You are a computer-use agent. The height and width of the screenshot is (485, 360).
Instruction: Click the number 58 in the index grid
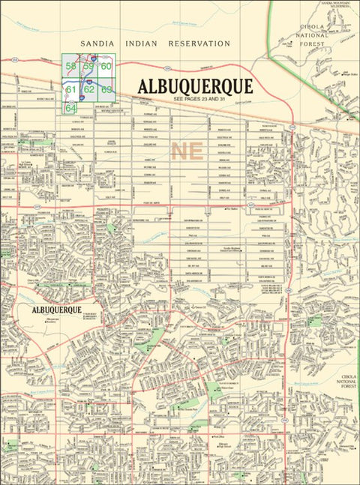(x=70, y=67)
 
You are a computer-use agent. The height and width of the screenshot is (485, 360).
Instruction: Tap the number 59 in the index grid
(x=88, y=67)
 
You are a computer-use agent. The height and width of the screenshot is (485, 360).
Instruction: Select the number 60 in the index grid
(x=106, y=67)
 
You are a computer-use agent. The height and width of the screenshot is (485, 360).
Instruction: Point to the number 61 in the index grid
(x=71, y=89)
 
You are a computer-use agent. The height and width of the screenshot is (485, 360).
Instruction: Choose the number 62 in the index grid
(x=88, y=89)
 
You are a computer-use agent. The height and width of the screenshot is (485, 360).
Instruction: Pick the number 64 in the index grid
(x=71, y=108)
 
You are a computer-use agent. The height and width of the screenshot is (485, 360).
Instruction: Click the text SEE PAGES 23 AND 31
(x=199, y=99)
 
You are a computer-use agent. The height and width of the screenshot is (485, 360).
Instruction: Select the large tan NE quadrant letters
(x=187, y=151)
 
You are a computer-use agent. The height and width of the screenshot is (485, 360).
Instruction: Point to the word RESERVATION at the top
(x=199, y=44)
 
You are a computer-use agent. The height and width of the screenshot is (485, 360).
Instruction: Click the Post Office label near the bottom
(x=219, y=435)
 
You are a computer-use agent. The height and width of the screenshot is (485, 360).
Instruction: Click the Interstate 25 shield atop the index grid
(x=92, y=57)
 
